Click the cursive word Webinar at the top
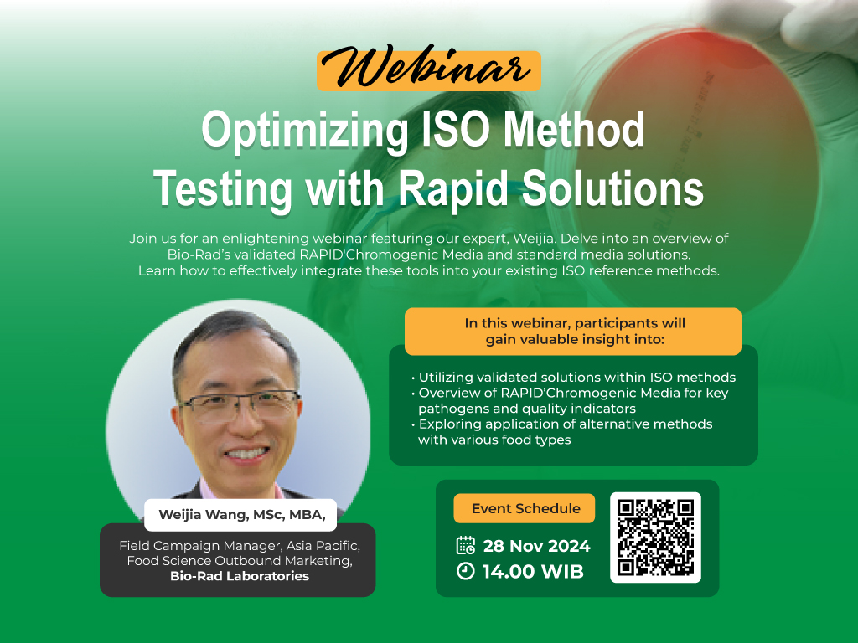[426, 68]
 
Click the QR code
[655, 538]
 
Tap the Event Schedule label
[525, 508]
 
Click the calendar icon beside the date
[466, 545]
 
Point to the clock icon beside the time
[466, 571]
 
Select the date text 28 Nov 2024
[536, 546]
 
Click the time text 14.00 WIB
[533, 571]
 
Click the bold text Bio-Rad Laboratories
[240, 576]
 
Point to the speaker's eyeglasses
[239, 405]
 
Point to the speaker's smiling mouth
[246, 453]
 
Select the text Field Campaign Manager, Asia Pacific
[240, 545]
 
